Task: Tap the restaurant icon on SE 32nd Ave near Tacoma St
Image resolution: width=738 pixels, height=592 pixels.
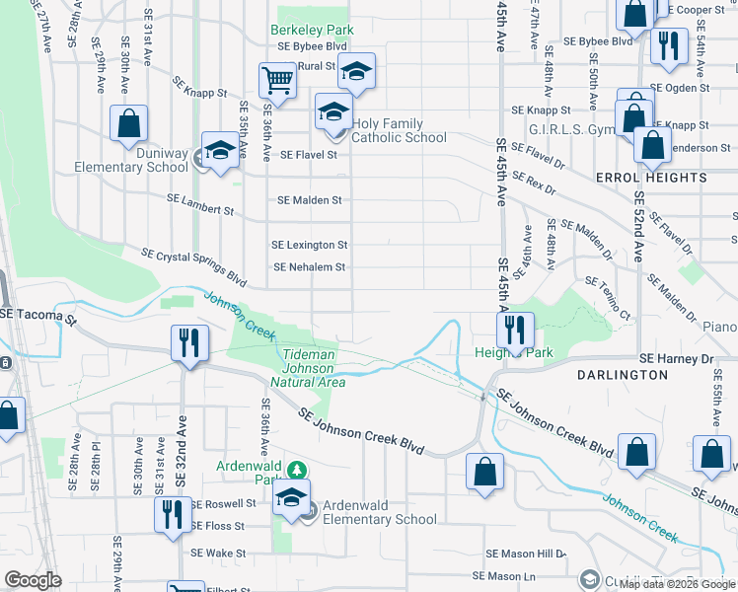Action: tap(185, 342)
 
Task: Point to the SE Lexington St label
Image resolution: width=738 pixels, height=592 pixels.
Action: tap(310, 245)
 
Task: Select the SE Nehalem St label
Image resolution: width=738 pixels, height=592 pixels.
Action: tap(310, 266)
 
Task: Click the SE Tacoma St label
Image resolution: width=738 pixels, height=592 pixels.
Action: tap(37, 313)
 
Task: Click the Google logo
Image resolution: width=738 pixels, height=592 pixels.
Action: tap(33, 580)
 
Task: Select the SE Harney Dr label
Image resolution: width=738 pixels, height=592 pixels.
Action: tap(676, 358)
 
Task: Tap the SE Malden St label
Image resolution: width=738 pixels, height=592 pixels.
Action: tap(309, 200)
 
